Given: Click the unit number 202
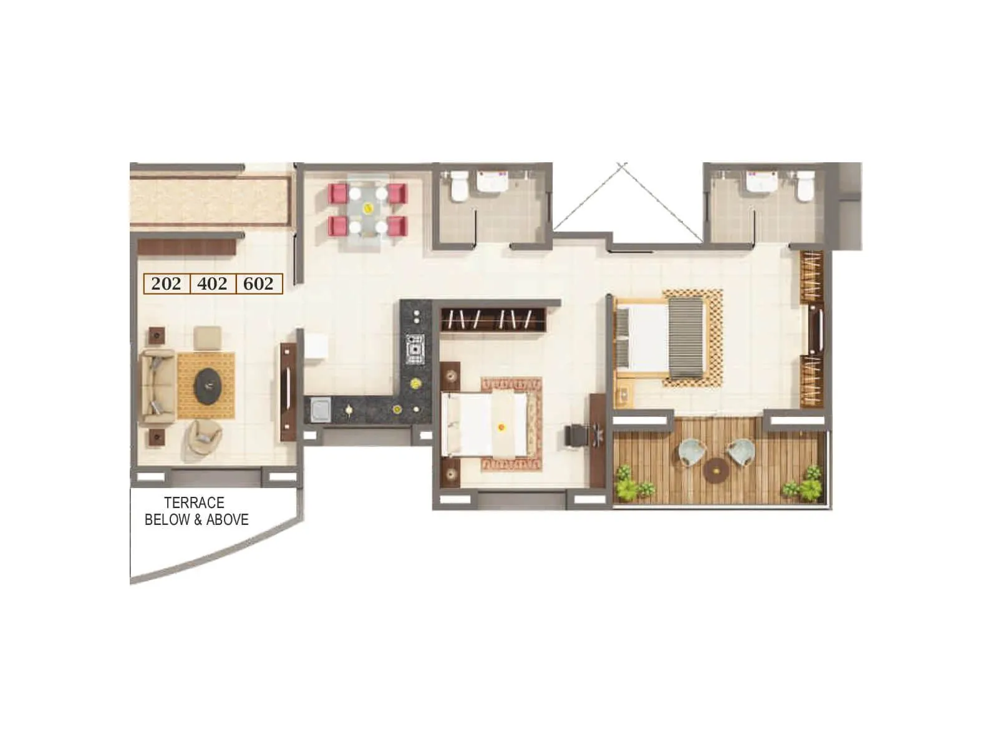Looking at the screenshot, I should (x=166, y=284).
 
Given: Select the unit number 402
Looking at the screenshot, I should (x=212, y=284).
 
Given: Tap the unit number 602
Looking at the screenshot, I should (x=258, y=284).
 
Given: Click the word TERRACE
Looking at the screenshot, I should (x=194, y=502).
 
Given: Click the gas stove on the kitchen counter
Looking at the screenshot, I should (x=415, y=349).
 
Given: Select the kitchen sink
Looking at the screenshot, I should (x=321, y=411).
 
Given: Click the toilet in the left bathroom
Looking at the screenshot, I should (x=460, y=186).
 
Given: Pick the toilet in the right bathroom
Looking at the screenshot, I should (x=805, y=186).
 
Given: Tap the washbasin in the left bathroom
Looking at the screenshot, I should (x=493, y=181).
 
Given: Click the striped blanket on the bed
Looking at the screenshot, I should (x=686, y=338).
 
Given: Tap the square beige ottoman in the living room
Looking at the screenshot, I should (x=206, y=337).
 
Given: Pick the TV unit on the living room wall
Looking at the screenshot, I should (x=288, y=392).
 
